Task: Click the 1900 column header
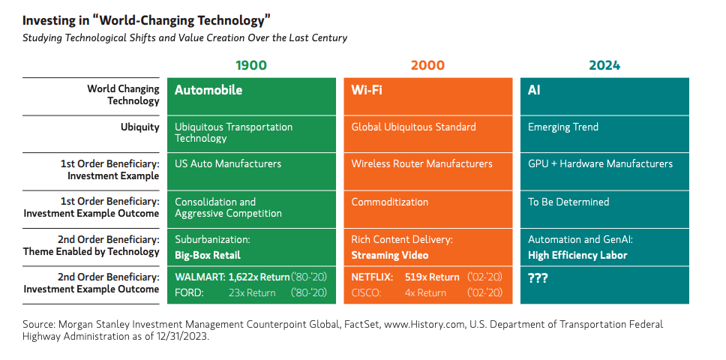[251, 65]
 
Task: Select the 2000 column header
[427, 65]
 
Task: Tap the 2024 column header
[604, 65]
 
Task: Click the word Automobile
[208, 90]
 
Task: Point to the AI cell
[534, 90]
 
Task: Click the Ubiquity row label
[140, 127]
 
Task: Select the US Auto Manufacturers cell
[228, 163]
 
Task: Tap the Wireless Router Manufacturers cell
[421, 163]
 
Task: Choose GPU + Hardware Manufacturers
[600, 163]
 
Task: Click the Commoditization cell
[390, 202]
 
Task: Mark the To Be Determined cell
[568, 202]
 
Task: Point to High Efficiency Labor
[577, 255]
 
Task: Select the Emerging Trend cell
[563, 127]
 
